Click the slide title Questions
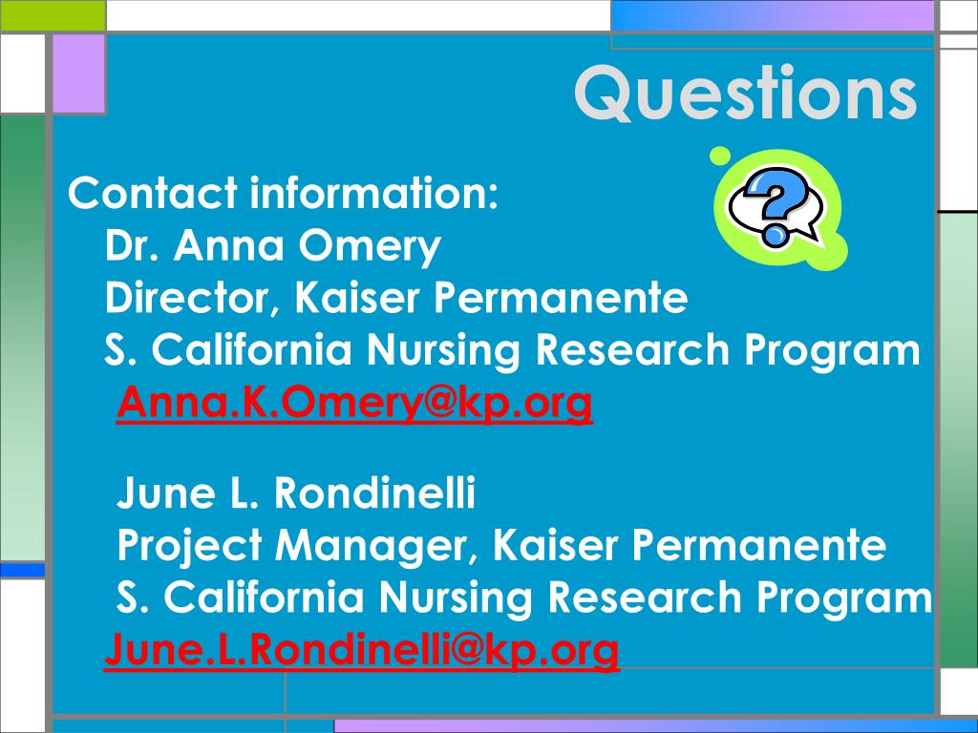[x=745, y=93]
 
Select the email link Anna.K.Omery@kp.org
[x=354, y=404]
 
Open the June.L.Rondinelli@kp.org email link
[x=362, y=650]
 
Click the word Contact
[x=153, y=193]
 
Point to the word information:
[x=374, y=193]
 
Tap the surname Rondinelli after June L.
[x=374, y=492]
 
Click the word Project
[x=190, y=546]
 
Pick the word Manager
[x=379, y=546]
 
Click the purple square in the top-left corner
[x=78, y=73]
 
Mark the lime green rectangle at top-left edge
[x=53, y=15]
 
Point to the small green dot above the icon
[x=720, y=156]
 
